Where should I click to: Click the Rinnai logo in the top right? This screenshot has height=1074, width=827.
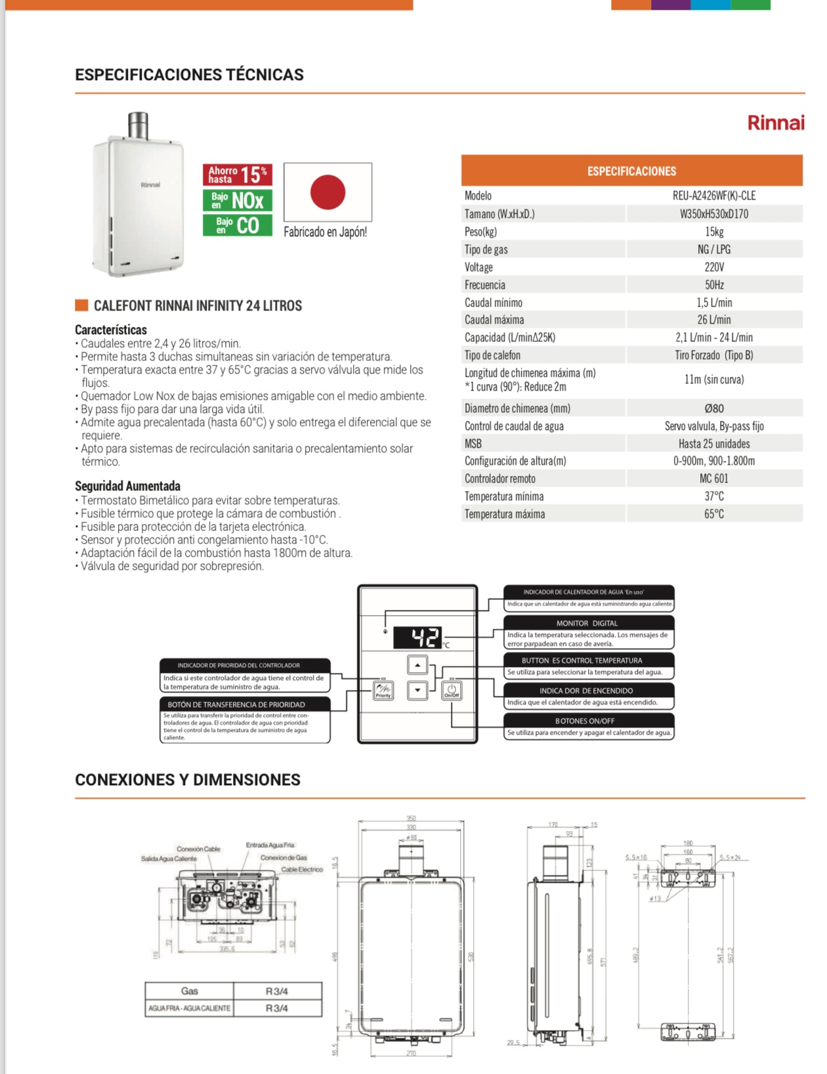coord(775,123)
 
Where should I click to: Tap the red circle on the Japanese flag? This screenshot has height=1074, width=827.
coord(328,192)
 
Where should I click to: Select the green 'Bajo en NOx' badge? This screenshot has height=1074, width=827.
coord(237,200)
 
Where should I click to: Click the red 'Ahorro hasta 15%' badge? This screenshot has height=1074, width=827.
coord(237,175)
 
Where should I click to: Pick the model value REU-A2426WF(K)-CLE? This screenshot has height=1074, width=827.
coord(714,196)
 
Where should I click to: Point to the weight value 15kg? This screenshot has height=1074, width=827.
coord(714,232)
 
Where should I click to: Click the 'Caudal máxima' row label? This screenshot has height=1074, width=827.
coord(494,320)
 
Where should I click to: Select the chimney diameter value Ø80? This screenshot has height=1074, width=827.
coord(714,408)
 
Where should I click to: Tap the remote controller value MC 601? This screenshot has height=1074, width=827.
coord(714,479)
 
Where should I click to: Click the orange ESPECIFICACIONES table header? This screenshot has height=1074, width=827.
coord(631,171)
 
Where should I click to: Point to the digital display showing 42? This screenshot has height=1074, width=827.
coord(418,637)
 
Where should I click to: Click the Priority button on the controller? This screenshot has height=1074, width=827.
coord(383,691)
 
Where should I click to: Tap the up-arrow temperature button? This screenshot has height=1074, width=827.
coord(417,665)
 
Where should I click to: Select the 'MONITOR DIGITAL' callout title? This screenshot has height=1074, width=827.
coord(587,623)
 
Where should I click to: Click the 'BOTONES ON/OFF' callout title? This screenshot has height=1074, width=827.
coord(585,721)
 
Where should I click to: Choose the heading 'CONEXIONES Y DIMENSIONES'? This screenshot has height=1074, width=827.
coord(188,780)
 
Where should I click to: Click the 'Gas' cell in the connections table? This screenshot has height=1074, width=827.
coord(190,991)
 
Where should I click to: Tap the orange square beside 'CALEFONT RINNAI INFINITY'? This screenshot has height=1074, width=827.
coord(81,305)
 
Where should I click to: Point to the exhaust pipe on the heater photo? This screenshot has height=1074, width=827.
coord(138,125)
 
